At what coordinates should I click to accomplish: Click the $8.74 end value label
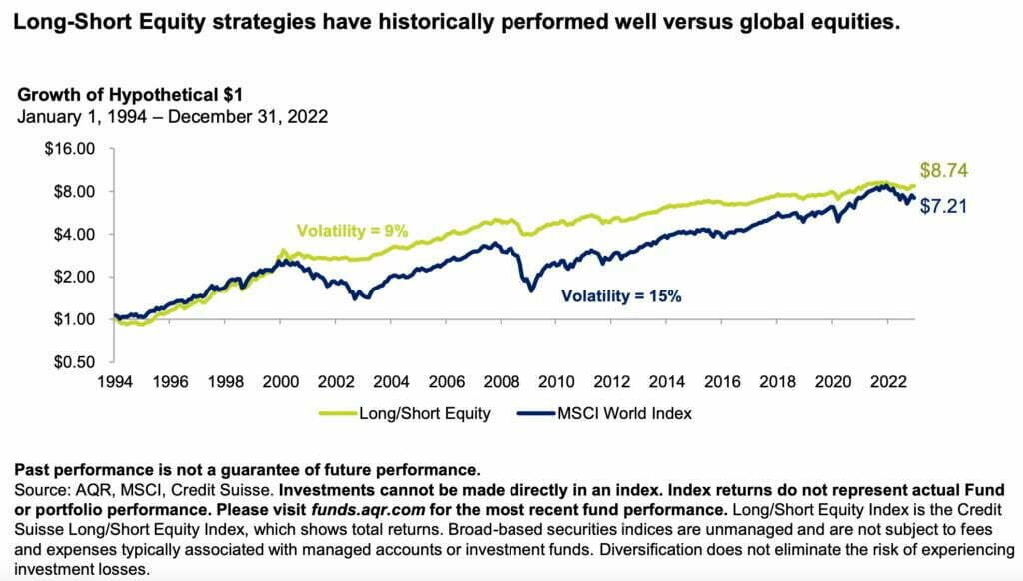click(944, 170)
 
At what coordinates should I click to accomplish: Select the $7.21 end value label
click(944, 207)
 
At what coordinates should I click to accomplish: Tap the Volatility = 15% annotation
click(620, 295)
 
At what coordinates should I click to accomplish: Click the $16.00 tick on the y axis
click(70, 149)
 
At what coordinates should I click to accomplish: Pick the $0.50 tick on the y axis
click(74, 362)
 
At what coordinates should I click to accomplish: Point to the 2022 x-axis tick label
click(887, 382)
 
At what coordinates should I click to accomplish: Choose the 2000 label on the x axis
click(281, 382)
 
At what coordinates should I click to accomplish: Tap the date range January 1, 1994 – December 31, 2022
click(172, 116)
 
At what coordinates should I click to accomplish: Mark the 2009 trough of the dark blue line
click(531, 290)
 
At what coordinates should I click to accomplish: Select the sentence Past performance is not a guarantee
click(247, 469)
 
